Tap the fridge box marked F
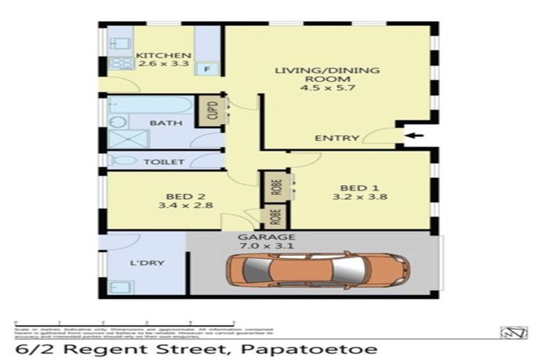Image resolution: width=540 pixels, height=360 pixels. tap(207, 69)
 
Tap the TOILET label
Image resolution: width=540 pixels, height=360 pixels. tap(164, 162)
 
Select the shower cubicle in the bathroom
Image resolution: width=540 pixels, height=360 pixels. tap(127, 139)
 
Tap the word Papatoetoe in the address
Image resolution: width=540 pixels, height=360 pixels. tap(318, 349)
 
